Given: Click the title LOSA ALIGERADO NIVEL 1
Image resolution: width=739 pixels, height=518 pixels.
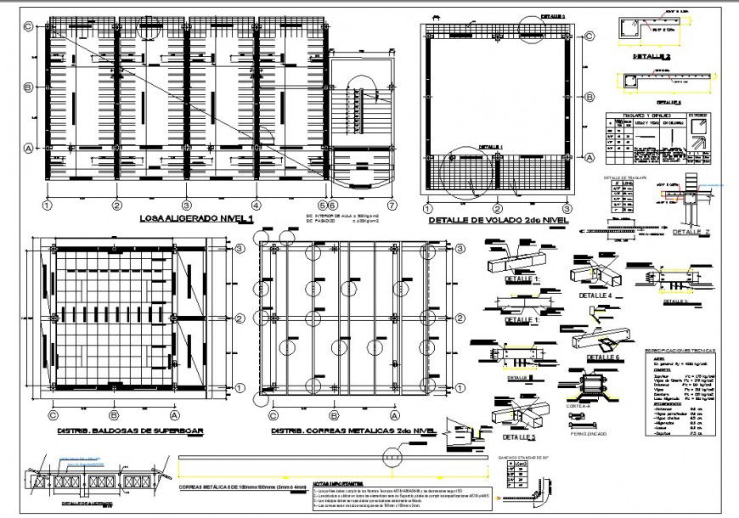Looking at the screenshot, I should (x=196, y=219).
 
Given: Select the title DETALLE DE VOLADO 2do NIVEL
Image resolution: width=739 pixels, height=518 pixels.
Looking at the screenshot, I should (x=499, y=221).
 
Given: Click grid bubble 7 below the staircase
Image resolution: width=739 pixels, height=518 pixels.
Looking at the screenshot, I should (x=392, y=206).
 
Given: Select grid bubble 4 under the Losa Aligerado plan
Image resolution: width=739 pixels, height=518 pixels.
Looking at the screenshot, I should (x=255, y=206).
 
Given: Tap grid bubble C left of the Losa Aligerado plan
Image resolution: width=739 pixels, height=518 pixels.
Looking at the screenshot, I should (x=28, y=26).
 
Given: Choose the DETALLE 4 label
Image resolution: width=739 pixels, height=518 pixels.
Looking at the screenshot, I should (x=595, y=295).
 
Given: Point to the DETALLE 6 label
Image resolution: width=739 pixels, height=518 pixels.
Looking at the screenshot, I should (x=604, y=358).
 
